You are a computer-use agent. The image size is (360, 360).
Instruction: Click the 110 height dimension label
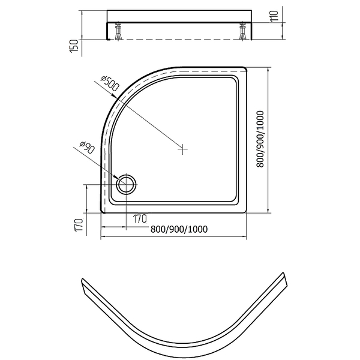[274, 16]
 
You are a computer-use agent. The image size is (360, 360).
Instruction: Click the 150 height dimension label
[74, 46]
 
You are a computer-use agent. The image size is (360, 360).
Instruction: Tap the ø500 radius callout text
[110, 83]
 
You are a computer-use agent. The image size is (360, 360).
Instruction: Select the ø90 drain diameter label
[87, 148]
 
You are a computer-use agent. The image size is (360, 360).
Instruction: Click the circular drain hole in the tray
[126, 184]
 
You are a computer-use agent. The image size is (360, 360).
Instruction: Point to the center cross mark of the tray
[182, 149]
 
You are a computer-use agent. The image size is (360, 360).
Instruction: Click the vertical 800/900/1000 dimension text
[260, 139]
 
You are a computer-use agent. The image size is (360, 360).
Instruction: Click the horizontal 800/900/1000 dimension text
[179, 229]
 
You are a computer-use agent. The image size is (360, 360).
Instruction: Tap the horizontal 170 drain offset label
[140, 219]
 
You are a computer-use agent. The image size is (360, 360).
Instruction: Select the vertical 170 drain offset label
[79, 225]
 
